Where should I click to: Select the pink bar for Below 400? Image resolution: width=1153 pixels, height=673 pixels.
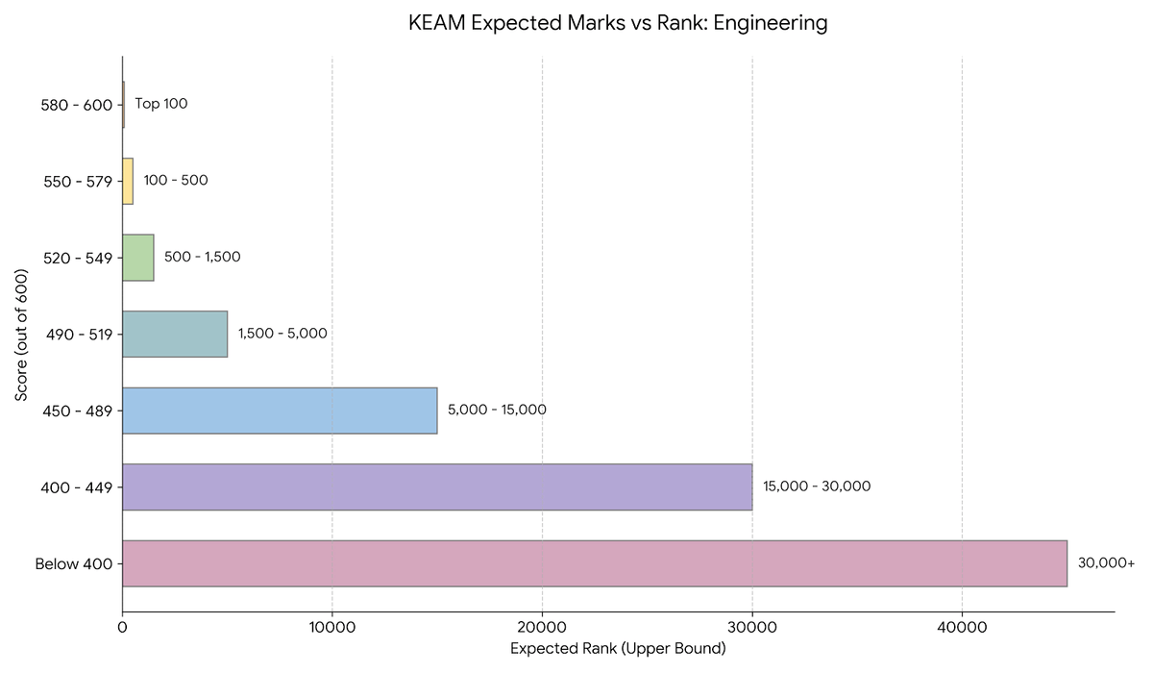pos(595,563)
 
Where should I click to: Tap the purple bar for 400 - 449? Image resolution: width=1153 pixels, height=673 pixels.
pos(437,486)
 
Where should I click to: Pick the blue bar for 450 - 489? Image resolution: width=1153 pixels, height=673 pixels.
pos(280,411)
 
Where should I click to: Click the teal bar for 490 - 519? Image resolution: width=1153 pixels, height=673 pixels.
pos(175,334)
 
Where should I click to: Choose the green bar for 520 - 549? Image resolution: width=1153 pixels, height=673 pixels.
pos(138,258)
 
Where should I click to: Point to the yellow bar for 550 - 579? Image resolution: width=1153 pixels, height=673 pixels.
pos(128,181)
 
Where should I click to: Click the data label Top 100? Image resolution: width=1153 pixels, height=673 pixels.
pos(161,104)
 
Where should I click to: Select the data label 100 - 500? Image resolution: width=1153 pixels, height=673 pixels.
pos(176,181)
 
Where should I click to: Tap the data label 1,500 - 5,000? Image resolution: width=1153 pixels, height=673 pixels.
pos(282,334)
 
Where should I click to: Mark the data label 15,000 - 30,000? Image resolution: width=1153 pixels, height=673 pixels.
pos(817,486)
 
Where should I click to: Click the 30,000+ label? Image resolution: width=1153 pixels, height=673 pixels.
pos(1106,563)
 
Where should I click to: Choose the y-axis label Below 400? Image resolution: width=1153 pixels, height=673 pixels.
pos(74,563)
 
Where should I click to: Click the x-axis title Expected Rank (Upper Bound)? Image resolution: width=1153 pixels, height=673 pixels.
pos(618,649)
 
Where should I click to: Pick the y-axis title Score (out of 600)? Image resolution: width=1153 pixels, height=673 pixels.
pos(21,335)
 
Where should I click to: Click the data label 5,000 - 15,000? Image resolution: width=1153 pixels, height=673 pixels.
pos(497,411)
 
